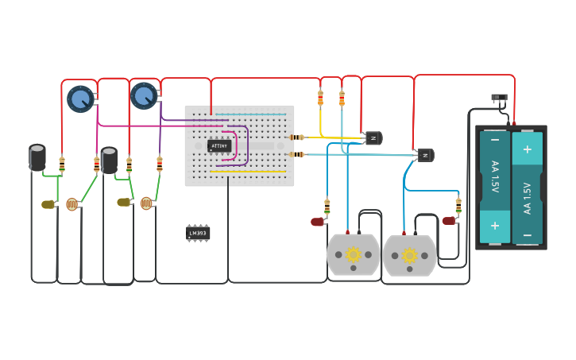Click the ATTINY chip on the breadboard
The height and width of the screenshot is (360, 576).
219,146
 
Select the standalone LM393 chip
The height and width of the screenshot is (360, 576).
198,233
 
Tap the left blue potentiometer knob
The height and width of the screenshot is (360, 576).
79,99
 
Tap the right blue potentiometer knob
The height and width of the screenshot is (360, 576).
143,95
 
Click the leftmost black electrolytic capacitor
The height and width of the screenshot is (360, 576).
37,157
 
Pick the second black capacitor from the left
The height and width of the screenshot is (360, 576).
109,160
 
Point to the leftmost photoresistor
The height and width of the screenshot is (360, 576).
72,204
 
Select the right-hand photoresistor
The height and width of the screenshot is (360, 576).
146,203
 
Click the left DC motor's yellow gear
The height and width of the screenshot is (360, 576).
354,254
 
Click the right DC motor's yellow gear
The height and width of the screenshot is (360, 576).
410,255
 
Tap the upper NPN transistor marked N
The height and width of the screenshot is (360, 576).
372,138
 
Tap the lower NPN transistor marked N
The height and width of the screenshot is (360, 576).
425,155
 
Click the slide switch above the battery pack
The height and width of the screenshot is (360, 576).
499,98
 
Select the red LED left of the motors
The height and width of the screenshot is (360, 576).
318,222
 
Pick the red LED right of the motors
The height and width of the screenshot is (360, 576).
449,220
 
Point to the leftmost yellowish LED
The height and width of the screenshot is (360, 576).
48,204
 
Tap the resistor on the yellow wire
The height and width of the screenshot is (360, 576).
321,98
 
